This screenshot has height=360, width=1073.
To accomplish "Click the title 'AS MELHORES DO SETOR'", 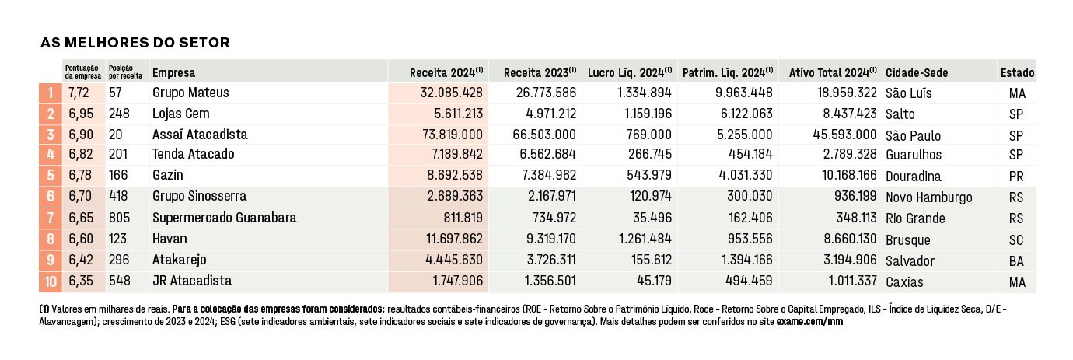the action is coord(135,43).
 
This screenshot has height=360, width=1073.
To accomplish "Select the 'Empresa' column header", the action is coord(174,73).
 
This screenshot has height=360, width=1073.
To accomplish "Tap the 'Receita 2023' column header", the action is coord(540,72).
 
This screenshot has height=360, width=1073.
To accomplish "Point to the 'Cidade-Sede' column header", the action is coord(917,73).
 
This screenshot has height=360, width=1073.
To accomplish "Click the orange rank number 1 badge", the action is coord(51,93).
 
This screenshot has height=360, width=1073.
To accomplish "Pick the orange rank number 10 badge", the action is coord(51,281).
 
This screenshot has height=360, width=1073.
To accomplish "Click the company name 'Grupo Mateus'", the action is coord(190,93).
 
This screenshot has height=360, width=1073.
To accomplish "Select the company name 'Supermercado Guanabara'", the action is coord(224,218).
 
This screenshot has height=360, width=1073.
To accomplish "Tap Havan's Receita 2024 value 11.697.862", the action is coord(455,239).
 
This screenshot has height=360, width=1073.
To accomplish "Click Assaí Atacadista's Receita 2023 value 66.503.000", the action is coord(544,134).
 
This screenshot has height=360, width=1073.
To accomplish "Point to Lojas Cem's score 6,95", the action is coord(81,114).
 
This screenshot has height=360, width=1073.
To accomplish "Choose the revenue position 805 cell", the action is coord(119,218).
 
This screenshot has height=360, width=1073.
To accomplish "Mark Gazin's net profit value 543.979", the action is coord(649,175).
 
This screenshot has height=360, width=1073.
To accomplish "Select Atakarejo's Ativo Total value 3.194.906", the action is coord(850,260).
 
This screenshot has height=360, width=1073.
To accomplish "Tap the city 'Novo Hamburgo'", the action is coord(929,197).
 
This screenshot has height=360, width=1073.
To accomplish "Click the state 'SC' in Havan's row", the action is coord(1016,239).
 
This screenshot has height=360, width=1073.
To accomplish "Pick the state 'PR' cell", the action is coord(1016,177).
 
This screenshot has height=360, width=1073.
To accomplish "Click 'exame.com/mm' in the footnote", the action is coord(809,322).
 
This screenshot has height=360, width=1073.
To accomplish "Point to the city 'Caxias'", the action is coord(904,282).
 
